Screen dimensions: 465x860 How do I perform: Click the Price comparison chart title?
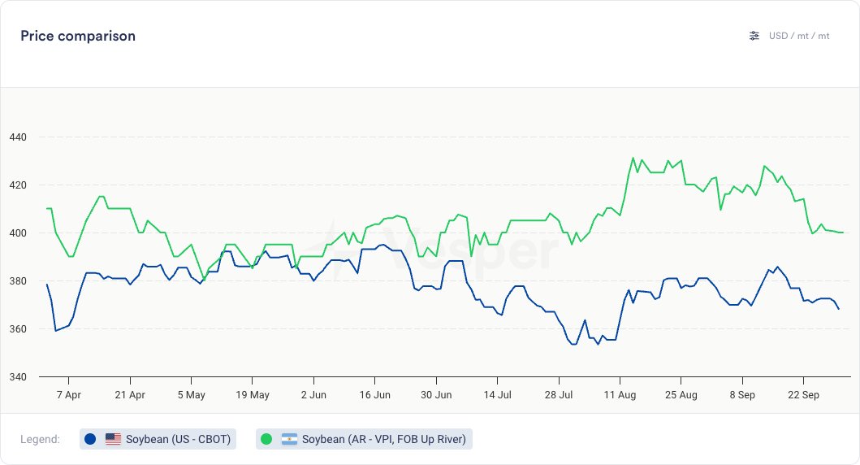pyautogui.click(x=78, y=36)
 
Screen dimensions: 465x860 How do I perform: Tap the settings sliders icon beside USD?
pyautogui.click(x=754, y=36)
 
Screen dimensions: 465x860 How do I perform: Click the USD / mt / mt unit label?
pyautogui.click(x=799, y=36)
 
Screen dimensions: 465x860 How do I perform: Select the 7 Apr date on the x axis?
pyautogui.click(x=68, y=395)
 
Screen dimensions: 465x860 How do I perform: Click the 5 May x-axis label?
pyautogui.click(x=191, y=395)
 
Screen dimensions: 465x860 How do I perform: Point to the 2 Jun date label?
pyautogui.click(x=313, y=395)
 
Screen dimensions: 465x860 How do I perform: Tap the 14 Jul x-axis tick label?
pyautogui.click(x=497, y=395)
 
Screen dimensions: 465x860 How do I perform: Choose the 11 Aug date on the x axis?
pyautogui.click(x=620, y=395)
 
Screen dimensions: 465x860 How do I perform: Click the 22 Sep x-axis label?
pyautogui.click(x=803, y=395)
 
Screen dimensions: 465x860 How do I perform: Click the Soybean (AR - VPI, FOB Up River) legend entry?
pyautogui.click(x=364, y=440)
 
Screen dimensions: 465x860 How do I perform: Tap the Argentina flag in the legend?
pyautogui.click(x=289, y=440)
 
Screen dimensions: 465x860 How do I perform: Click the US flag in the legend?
pyautogui.click(x=113, y=440)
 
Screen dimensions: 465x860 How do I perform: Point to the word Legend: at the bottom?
pyautogui.click(x=40, y=440)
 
